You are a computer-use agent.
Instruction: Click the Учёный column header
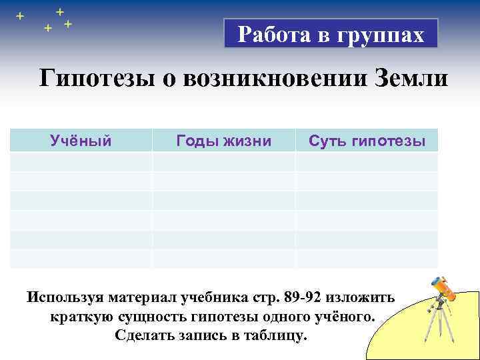[81, 141]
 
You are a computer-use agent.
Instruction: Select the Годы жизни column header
[223, 141]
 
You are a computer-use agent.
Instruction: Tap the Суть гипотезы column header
[367, 141]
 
